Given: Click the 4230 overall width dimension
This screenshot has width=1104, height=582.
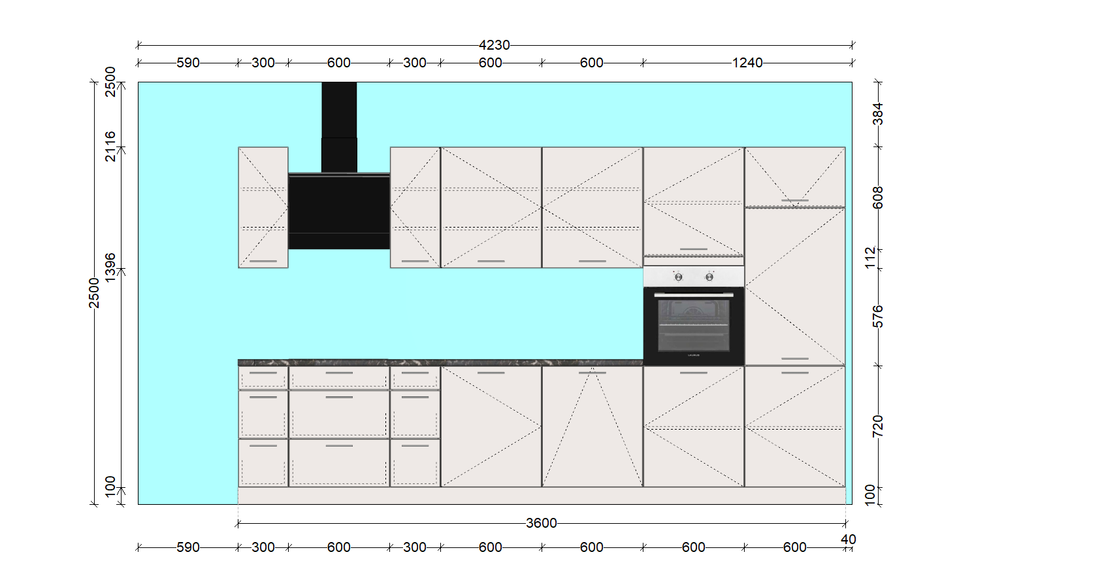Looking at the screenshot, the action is click(x=495, y=45).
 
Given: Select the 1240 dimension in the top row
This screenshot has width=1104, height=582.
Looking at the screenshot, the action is click(x=747, y=63).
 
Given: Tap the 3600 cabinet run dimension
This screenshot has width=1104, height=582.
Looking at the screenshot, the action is click(x=541, y=523).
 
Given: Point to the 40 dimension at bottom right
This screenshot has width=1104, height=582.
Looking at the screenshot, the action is click(x=848, y=539).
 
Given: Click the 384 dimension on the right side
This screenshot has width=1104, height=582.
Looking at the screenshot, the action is click(x=878, y=114).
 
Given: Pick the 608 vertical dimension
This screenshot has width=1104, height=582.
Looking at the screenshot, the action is click(x=878, y=197).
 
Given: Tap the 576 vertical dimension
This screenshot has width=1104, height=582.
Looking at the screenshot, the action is click(x=878, y=317).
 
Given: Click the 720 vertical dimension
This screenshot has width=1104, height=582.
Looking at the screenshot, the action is click(x=878, y=426).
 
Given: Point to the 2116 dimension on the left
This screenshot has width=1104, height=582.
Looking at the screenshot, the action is click(x=110, y=146).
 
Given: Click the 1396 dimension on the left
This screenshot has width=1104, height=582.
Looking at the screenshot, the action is click(x=110, y=268).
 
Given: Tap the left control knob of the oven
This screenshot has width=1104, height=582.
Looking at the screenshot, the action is click(x=679, y=277).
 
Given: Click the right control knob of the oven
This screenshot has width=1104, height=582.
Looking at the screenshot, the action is click(x=709, y=277).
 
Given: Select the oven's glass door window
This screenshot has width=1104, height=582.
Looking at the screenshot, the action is click(x=694, y=326).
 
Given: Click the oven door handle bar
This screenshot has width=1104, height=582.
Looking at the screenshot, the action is click(x=694, y=295).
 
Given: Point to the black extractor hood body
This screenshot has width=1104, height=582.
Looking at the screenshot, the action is click(x=339, y=211).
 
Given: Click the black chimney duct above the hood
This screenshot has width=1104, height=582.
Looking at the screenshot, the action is click(x=339, y=128).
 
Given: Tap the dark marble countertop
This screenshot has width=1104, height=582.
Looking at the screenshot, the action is click(x=440, y=362).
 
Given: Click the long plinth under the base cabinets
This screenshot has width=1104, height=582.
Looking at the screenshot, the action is click(x=542, y=496).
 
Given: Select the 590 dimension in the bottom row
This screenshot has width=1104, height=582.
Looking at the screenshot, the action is click(x=187, y=547).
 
